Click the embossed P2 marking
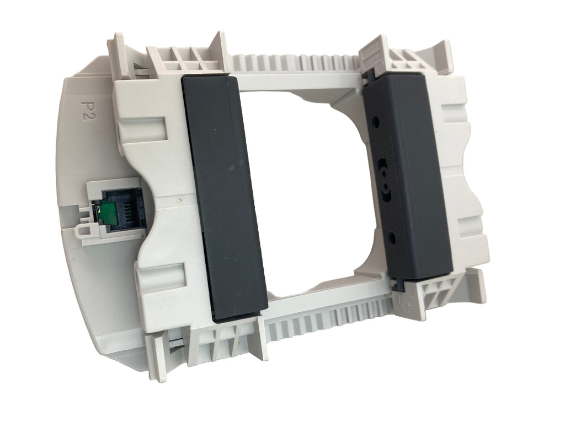86,107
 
